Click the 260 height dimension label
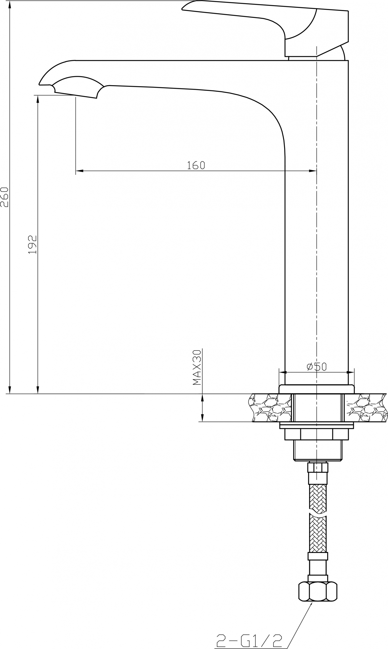point(5,197)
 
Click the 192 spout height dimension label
point(33,244)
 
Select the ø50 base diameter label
point(317,367)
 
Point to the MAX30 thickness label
point(197,367)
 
